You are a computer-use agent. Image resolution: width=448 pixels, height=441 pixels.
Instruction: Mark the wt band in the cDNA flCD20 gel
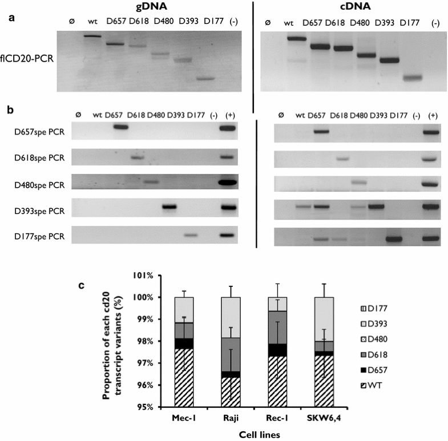click(296, 38)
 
